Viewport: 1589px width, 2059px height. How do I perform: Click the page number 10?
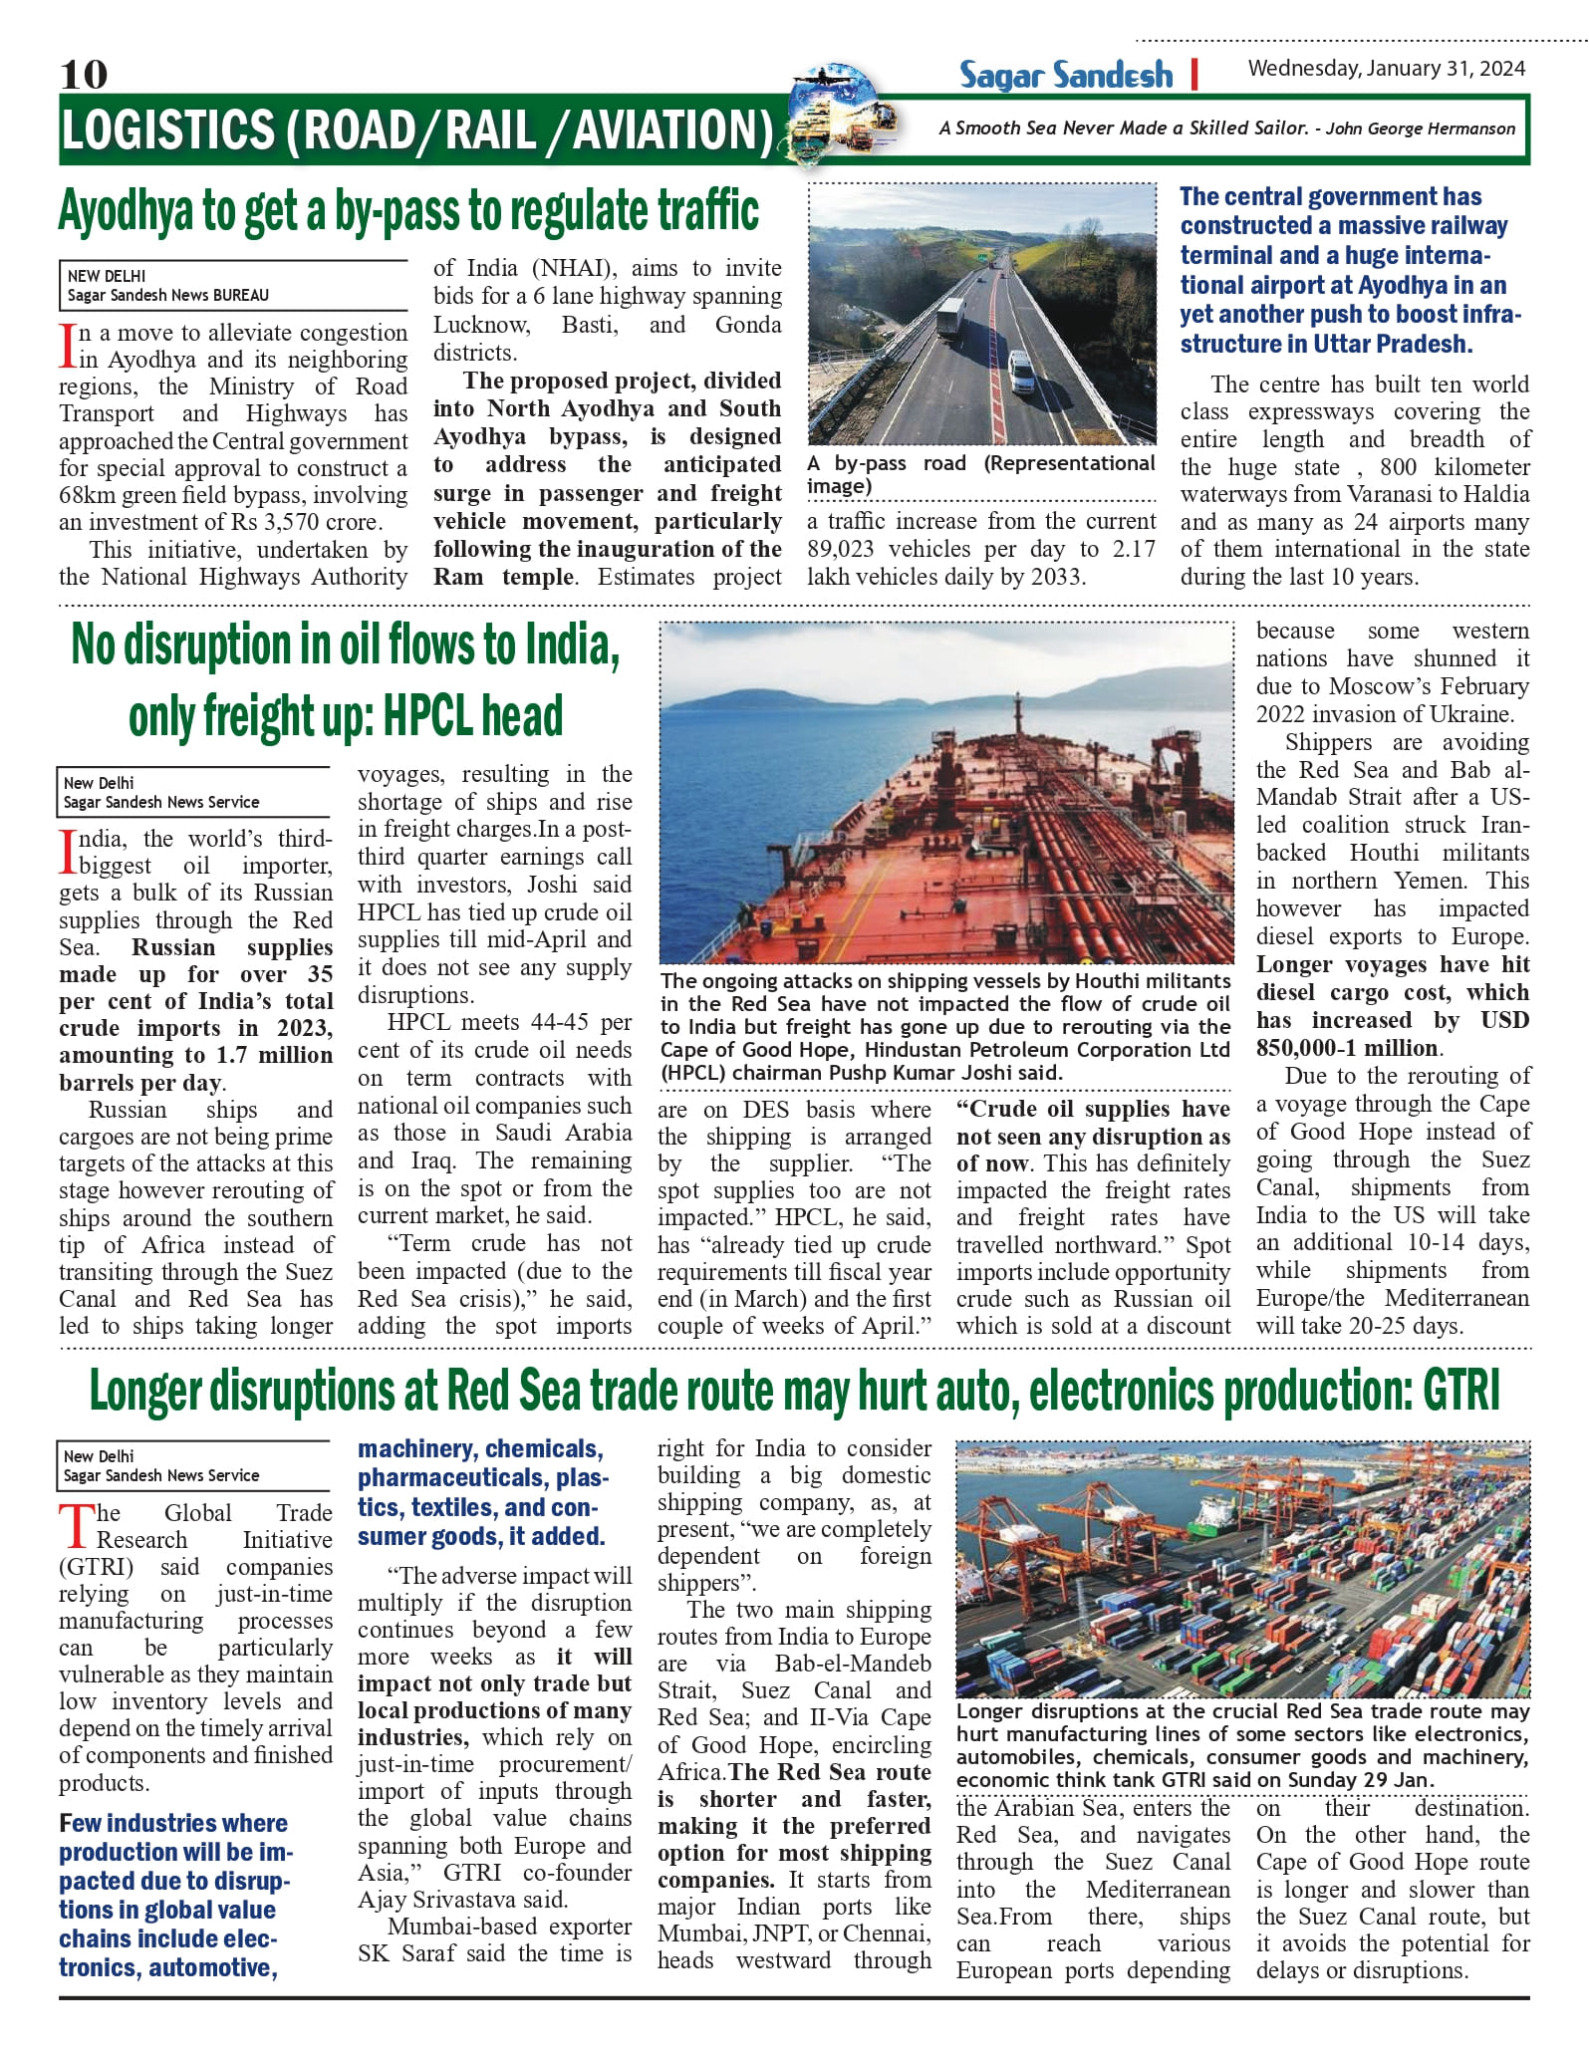click(x=84, y=74)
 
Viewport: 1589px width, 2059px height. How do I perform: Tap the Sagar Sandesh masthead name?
click(x=1065, y=75)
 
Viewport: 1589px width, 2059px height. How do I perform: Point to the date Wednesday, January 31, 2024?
click(x=1386, y=69)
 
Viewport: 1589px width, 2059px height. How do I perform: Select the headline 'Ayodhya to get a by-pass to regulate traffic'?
click(x=408, y=211)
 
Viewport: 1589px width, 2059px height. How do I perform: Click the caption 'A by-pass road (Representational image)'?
click(x=980, y=474)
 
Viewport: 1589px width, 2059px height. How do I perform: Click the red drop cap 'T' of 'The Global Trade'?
click(x=76, y=1526)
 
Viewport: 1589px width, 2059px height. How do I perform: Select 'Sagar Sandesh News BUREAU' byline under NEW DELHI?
click(x=167, y=295)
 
